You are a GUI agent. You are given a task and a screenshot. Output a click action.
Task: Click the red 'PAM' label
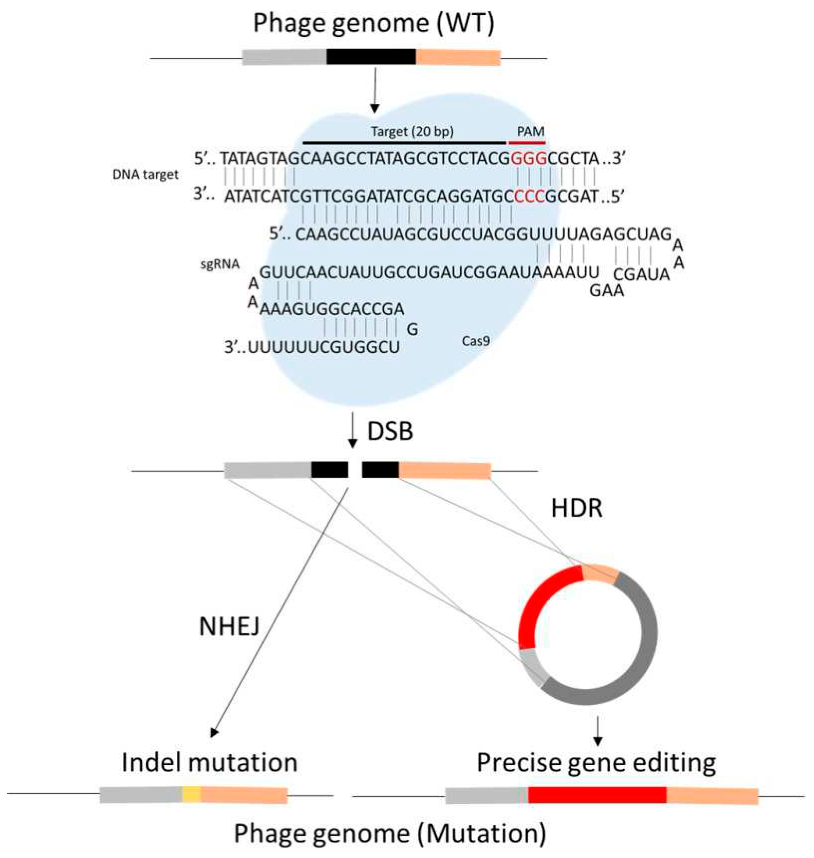click(x=530, y=131)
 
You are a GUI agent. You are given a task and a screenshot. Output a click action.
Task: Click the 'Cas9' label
click(x=476, y=341)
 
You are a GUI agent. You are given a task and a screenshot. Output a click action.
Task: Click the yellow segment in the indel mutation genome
click(x=191, y=794)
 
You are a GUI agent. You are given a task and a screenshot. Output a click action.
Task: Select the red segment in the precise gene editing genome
click(x=597, y=794)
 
